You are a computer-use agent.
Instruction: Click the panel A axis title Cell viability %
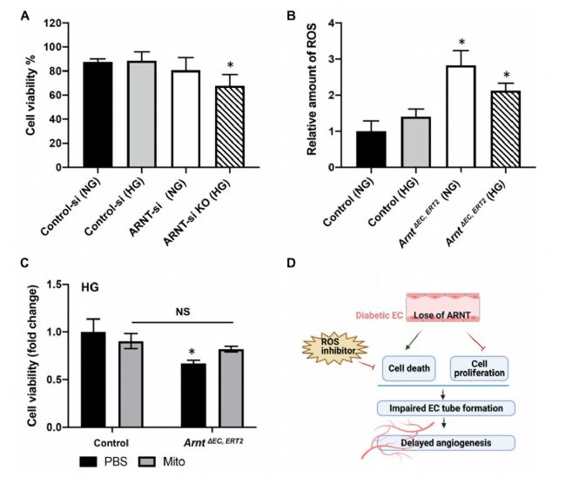point(32,93)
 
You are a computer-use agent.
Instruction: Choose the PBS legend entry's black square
point(85,460)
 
